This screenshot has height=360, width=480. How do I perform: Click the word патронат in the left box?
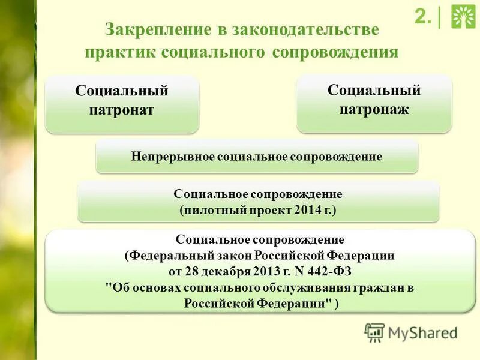pyautogui.click(x=122, y=110)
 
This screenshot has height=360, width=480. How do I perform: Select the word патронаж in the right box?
pyautogui.click(x=374, y=109)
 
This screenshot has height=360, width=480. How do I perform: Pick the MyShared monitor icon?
pyautogui.click(x=374, y=332)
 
